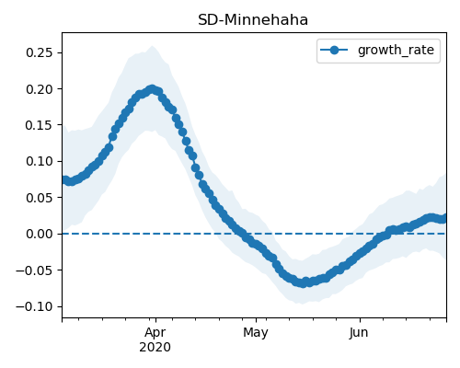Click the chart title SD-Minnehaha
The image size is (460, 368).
[253, 20]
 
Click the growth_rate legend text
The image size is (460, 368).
[396, 50]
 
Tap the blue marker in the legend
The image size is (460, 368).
[334, 50]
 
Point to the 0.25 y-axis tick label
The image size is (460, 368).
[40, 52]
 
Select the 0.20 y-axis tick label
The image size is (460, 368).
[40, 89]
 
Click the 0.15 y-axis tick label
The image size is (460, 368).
[40, 125]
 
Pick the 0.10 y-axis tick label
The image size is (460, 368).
[40, 161]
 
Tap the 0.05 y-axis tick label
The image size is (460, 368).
[40, 198]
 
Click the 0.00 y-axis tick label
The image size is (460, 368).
[40, 234]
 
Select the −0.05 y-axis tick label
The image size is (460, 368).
[35, 270]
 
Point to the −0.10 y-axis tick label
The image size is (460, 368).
[35, 306]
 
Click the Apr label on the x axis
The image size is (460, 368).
[155, 333]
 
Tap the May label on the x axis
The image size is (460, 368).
[256, 333]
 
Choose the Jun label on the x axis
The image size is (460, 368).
[359, 333]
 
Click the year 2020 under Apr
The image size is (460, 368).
[155, 348]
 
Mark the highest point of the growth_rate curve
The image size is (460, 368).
[152, 89]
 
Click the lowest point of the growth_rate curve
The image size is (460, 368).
[303, 283]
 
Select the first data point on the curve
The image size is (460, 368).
[64, 179]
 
